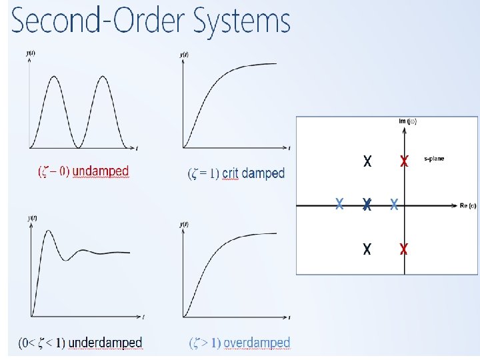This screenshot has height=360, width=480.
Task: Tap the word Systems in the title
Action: (242, 21)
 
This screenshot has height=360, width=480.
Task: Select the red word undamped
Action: (101, 171)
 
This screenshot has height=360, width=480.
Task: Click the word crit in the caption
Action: (230, 173)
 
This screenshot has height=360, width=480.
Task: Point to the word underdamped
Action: (106, 343)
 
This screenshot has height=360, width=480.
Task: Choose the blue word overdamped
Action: (257, 343)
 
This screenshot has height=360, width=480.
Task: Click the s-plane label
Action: (434, 159)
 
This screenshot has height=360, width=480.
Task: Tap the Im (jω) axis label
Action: (407, 121)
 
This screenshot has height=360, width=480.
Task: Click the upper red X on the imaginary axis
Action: (403, 161)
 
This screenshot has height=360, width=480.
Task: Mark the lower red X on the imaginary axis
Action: (403, 249)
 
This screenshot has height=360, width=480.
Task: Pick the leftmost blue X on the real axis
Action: (339, 204)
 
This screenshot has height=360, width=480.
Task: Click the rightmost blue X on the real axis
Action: (394, 204)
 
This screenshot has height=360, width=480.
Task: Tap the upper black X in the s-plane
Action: (367, 161)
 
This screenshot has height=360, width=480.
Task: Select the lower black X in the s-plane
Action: (367, 249)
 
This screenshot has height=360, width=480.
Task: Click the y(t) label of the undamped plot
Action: (31, 52)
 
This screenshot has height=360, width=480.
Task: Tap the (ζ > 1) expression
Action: (205, 343)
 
